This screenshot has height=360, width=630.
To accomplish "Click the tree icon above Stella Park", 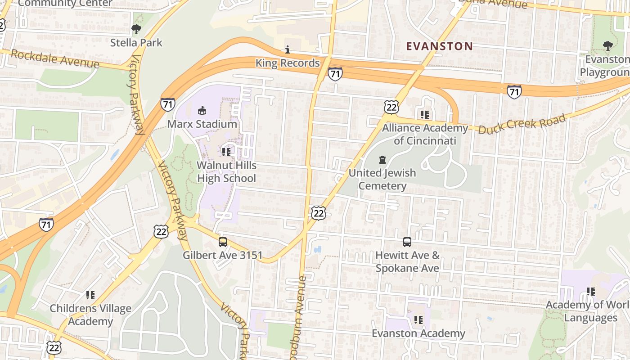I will pyautogui.click(x=136, y=30).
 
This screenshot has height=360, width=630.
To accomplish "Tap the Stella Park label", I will pyautogui.click(x=136, y=43).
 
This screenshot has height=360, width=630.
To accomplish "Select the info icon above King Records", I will pyautogui.click(x=288, y=49).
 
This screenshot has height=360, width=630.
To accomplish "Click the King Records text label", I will pyautogui.click(x=288, y=63).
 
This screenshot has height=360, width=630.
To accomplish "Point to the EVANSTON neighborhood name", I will pyautogui.click(x=439, y=46).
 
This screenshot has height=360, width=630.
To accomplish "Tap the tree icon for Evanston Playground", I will pyautogui.click(x=607, y=45).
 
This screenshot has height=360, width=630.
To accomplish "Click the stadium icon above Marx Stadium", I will pyautogui.click(x=202, y=110).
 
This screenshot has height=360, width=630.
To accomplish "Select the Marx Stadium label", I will pyautogui.click(x=202, y=124).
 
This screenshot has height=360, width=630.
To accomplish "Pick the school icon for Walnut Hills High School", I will pyautogui.click(x=226, y=152).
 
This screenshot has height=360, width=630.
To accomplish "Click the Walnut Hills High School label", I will pyautogui.click(x=226, y=172).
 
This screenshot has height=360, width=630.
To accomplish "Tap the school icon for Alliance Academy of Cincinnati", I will pyautogui.click(x=425, y=115).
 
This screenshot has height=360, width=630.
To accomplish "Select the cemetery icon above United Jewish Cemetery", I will pyautogui.click(x=382, y=159).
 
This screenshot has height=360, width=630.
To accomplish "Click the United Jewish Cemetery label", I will pyautogui.click(x=382, y=179).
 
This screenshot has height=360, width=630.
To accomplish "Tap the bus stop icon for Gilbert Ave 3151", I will pyautogui.click(x=223, y=242).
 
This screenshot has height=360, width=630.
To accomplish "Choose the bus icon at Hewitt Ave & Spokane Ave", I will pyautogui.click(x=407, y=242).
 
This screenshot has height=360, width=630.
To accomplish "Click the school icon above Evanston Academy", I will pyautogui.click(x=418, y=320).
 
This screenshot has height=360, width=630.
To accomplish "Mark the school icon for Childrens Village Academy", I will pyautogui.click(x=90, y=295).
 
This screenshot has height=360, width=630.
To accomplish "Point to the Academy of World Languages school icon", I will pyautogui.click(x=591, y=292).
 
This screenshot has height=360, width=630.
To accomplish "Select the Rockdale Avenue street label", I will pyautogui.click(x=54, y=59).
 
